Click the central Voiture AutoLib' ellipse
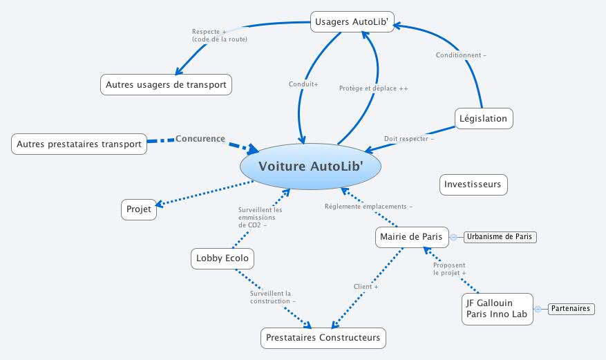coord(311,166)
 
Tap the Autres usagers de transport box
coord(166,85)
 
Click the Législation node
coord(484,118)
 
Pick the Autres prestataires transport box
coord(79,144)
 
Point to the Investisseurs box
coord(473,184)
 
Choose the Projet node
coord(138,209)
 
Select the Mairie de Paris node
coord(412,237)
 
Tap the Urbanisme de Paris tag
coord(500,237)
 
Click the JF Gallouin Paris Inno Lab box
coord(497,309)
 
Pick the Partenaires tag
coord(571,309)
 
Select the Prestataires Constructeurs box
coord(323,338)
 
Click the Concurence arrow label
coord(200,139)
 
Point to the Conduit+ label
coord(303,84)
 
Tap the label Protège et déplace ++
coord(373,88)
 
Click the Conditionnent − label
coord(461,55)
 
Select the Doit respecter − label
coord(409,139)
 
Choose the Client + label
coord(366,286)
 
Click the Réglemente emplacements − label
coord(368,207)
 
